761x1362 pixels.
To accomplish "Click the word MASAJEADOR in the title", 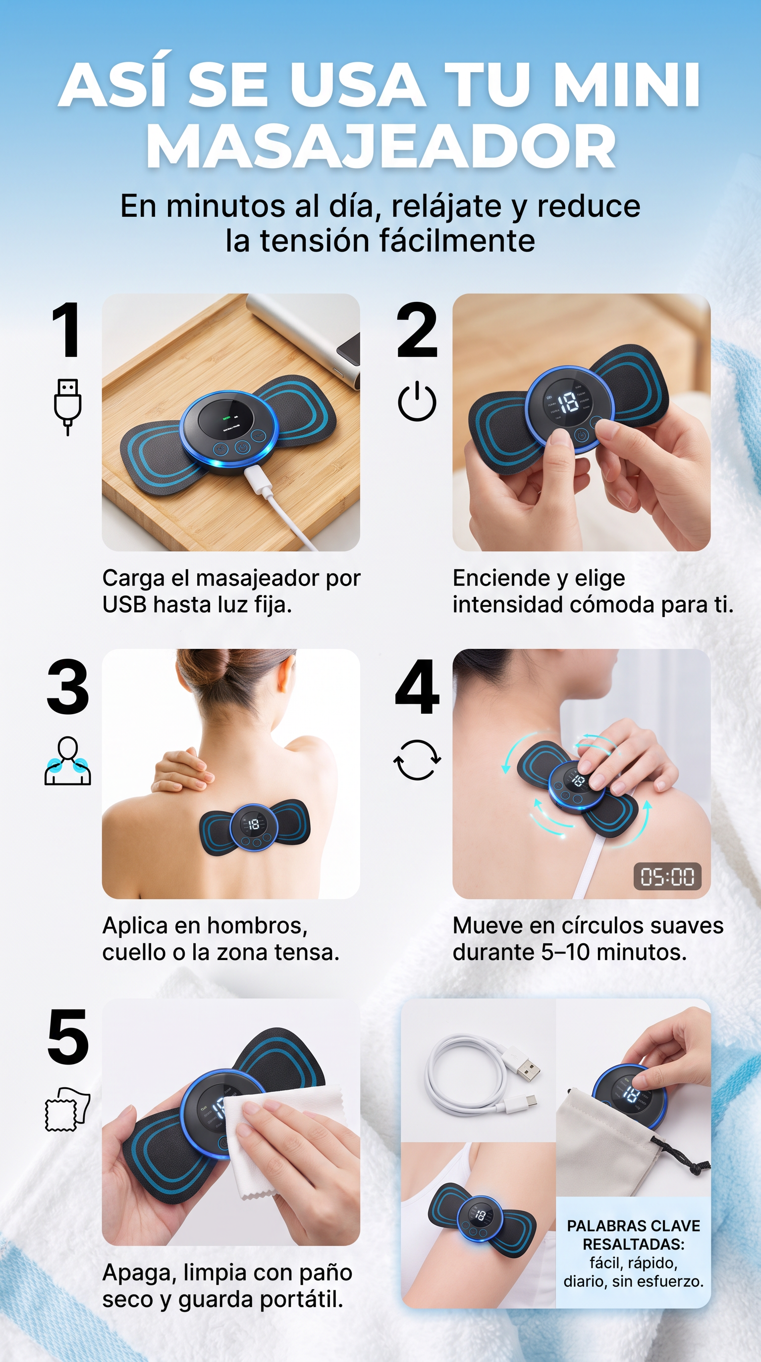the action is coord(380,146).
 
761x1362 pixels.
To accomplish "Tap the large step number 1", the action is coord(67,330).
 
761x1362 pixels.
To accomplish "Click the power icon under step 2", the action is coord(417,401).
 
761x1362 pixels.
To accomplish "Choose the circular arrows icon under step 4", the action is coord(417,760).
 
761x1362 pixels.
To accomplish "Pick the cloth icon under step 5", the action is coord(67,1109).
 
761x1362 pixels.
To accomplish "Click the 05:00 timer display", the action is coord(667,876).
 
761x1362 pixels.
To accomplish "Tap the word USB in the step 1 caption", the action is coord(124,604).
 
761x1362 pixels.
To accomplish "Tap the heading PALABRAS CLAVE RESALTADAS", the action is coord(634,1235).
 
